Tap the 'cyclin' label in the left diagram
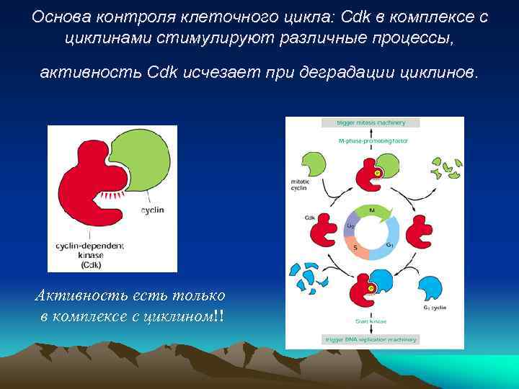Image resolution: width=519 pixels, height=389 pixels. pos(152,210)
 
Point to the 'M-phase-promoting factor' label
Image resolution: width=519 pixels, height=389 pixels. pos(373,141)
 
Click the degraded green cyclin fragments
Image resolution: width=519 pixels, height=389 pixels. pos(446,166)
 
